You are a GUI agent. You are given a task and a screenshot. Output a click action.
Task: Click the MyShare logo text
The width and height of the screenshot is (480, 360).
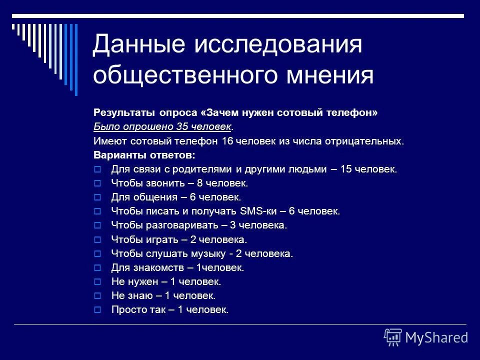pyautogui.click(x=436, y=337)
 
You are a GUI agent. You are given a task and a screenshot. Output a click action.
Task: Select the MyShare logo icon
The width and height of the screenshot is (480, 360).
pyautogui.click(x=393, y=337)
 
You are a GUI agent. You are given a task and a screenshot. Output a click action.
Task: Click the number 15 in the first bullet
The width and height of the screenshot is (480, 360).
pyautogui.click(x=345, y=169)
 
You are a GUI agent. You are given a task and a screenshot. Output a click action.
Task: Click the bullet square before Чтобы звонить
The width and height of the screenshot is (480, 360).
pyautogui.click(x=98, y=183)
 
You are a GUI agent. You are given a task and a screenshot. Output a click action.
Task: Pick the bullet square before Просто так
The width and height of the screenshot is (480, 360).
pyautogui.click(x=98, y=310)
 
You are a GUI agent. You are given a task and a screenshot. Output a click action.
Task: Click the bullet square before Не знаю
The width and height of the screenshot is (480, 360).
pyautogui.click(x=98, y=296)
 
